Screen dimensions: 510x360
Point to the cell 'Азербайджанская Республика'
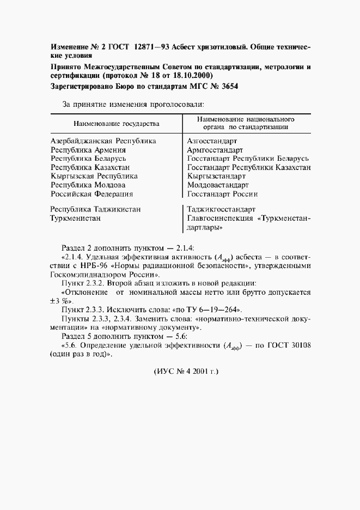click(x=103, y=141)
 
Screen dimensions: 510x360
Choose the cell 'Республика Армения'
click(x=88, y=149)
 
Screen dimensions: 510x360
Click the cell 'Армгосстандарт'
click(x=215, y=149)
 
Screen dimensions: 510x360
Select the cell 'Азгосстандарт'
click(x=212, y=141)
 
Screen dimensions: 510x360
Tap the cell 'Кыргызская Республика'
click(x=94, y=176)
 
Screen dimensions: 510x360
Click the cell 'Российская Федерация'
click(x=91, y=193)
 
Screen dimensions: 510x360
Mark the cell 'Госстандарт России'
click(x=222, y=193)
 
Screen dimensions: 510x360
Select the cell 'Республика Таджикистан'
click(x=96, y=209)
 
